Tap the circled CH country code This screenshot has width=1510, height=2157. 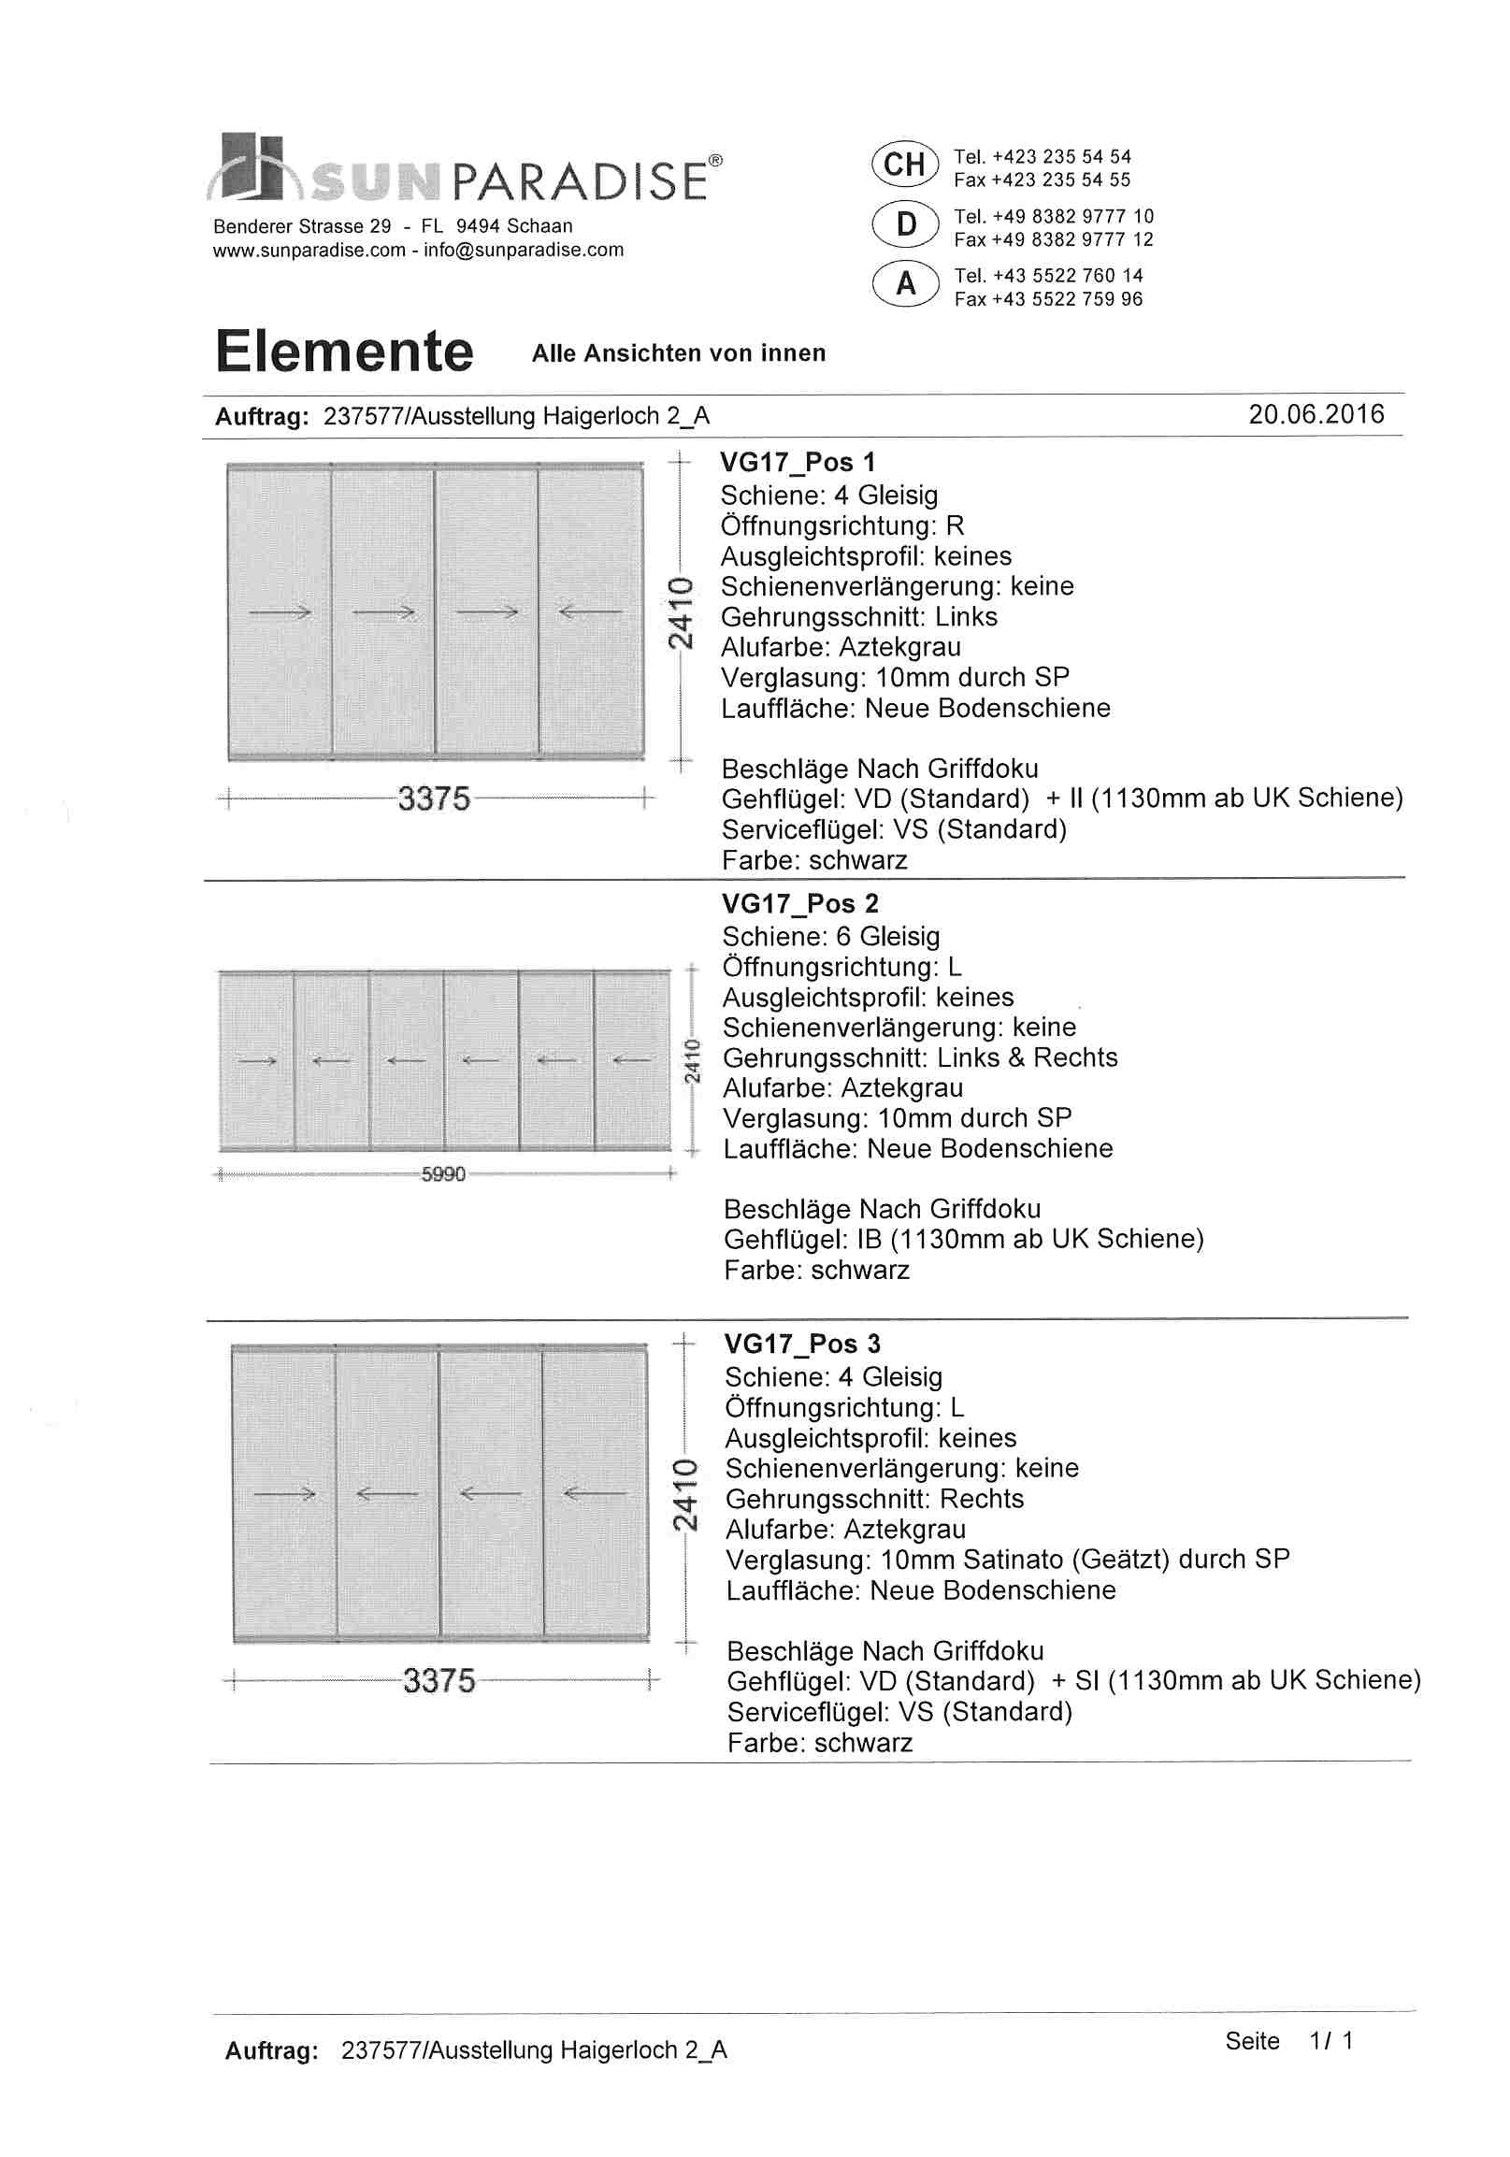tap(904, 165)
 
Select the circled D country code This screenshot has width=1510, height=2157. tap(905, 224)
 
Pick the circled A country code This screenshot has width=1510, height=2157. tap(905, 283)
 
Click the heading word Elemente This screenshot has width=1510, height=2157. tap(344, 352)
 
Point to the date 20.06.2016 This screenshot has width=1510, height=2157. tap(1316, 414)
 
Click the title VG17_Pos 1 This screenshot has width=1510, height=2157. tap(798, 462)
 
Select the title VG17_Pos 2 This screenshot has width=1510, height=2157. tap(799, 904)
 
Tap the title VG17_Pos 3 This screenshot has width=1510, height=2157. tap(801, 1345)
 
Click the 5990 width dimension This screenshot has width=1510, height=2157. tap(442, 1174)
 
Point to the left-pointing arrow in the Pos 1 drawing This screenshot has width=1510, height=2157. tap(589, 612)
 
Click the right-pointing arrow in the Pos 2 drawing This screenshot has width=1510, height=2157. tap(256, 1061)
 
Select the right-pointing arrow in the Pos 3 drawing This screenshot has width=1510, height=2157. tap(285, 1494)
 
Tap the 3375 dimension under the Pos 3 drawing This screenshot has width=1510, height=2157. tap(439, 1681)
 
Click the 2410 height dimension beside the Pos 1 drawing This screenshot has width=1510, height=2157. tap(681, 612)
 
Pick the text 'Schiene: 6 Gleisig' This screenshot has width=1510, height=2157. tap(830, 937)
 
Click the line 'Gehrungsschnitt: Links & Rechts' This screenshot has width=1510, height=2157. tap(920, 1057)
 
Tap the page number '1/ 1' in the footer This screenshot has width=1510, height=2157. tap(1330, 2040)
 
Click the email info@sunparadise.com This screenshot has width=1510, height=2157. tap(524, 250)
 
